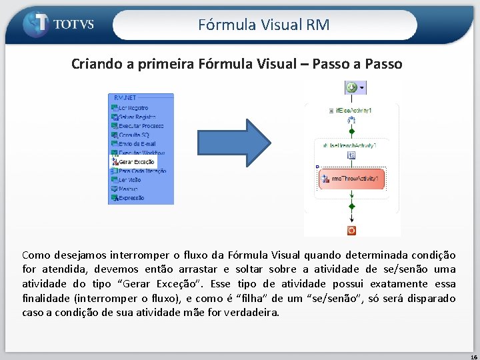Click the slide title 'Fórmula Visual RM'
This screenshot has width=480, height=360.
[264, 25]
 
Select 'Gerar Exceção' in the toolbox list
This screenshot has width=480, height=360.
[136, 162]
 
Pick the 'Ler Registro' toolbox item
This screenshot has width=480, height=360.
[133, 107]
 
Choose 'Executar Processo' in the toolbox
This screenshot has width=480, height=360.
[141, 125]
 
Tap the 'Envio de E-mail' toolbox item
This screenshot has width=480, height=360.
[137, 143]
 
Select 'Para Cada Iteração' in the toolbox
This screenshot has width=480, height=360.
[142, 171]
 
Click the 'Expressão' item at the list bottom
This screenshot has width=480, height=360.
[131, 198]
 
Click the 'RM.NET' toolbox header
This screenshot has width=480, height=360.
[125, 98]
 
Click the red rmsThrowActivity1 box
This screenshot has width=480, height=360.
[351, 179]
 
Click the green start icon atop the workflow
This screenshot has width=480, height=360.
[351, 87]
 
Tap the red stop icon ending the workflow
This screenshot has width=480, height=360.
[351, 230]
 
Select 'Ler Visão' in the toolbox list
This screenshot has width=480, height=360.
[131, 180]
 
